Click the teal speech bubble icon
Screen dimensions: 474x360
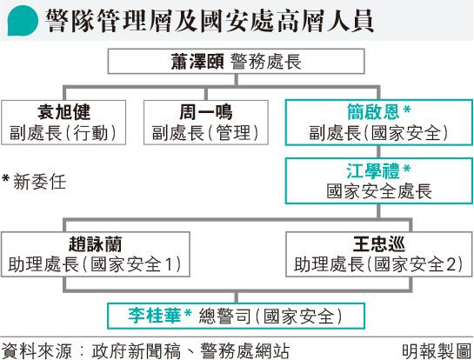pos(23,21)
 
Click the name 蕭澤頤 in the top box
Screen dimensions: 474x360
pos(197,62)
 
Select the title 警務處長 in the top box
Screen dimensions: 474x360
pos(266,62)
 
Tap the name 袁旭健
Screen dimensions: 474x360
pos(63,112)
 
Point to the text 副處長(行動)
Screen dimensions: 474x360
pos(63,133)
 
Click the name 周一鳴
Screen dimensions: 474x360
pos(206,112)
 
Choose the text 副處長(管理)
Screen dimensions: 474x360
pos(205,133)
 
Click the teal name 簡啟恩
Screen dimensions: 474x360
pos(373,112)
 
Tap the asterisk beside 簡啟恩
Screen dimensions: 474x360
pos(407,109)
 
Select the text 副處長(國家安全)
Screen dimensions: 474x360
pos(378,133)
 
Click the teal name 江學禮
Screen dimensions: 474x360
pos(373,170)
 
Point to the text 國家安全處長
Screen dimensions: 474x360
pos(379,191)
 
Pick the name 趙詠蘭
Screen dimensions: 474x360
pos(95,244)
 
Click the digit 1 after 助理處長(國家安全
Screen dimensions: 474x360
pos(169,264)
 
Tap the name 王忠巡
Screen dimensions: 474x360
pos(379,244)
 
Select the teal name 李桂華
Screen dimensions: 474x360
pos(155,316)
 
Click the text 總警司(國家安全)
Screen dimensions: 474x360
pos(270,317)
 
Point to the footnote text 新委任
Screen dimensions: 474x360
pos(40,182)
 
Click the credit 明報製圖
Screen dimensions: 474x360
pos(437,350)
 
